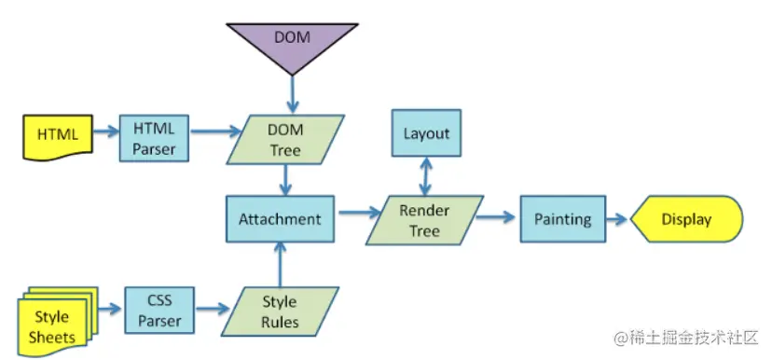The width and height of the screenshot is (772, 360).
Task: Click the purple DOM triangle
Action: coord(292,42)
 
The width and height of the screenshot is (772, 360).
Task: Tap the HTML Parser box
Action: coord(154,137)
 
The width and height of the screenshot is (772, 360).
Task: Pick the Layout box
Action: coord(426,133)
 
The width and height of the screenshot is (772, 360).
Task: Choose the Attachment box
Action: coord(280,220)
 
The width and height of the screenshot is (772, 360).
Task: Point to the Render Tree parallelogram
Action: coord(424,221)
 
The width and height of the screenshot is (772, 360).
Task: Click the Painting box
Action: coord(563,220)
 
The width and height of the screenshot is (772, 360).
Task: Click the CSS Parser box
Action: coord(159,312)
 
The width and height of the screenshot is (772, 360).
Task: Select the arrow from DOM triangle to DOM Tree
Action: coord(292,93)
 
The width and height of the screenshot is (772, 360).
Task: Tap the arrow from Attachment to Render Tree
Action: coord(356,216)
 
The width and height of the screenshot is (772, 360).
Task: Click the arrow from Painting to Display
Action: coord(618,220)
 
